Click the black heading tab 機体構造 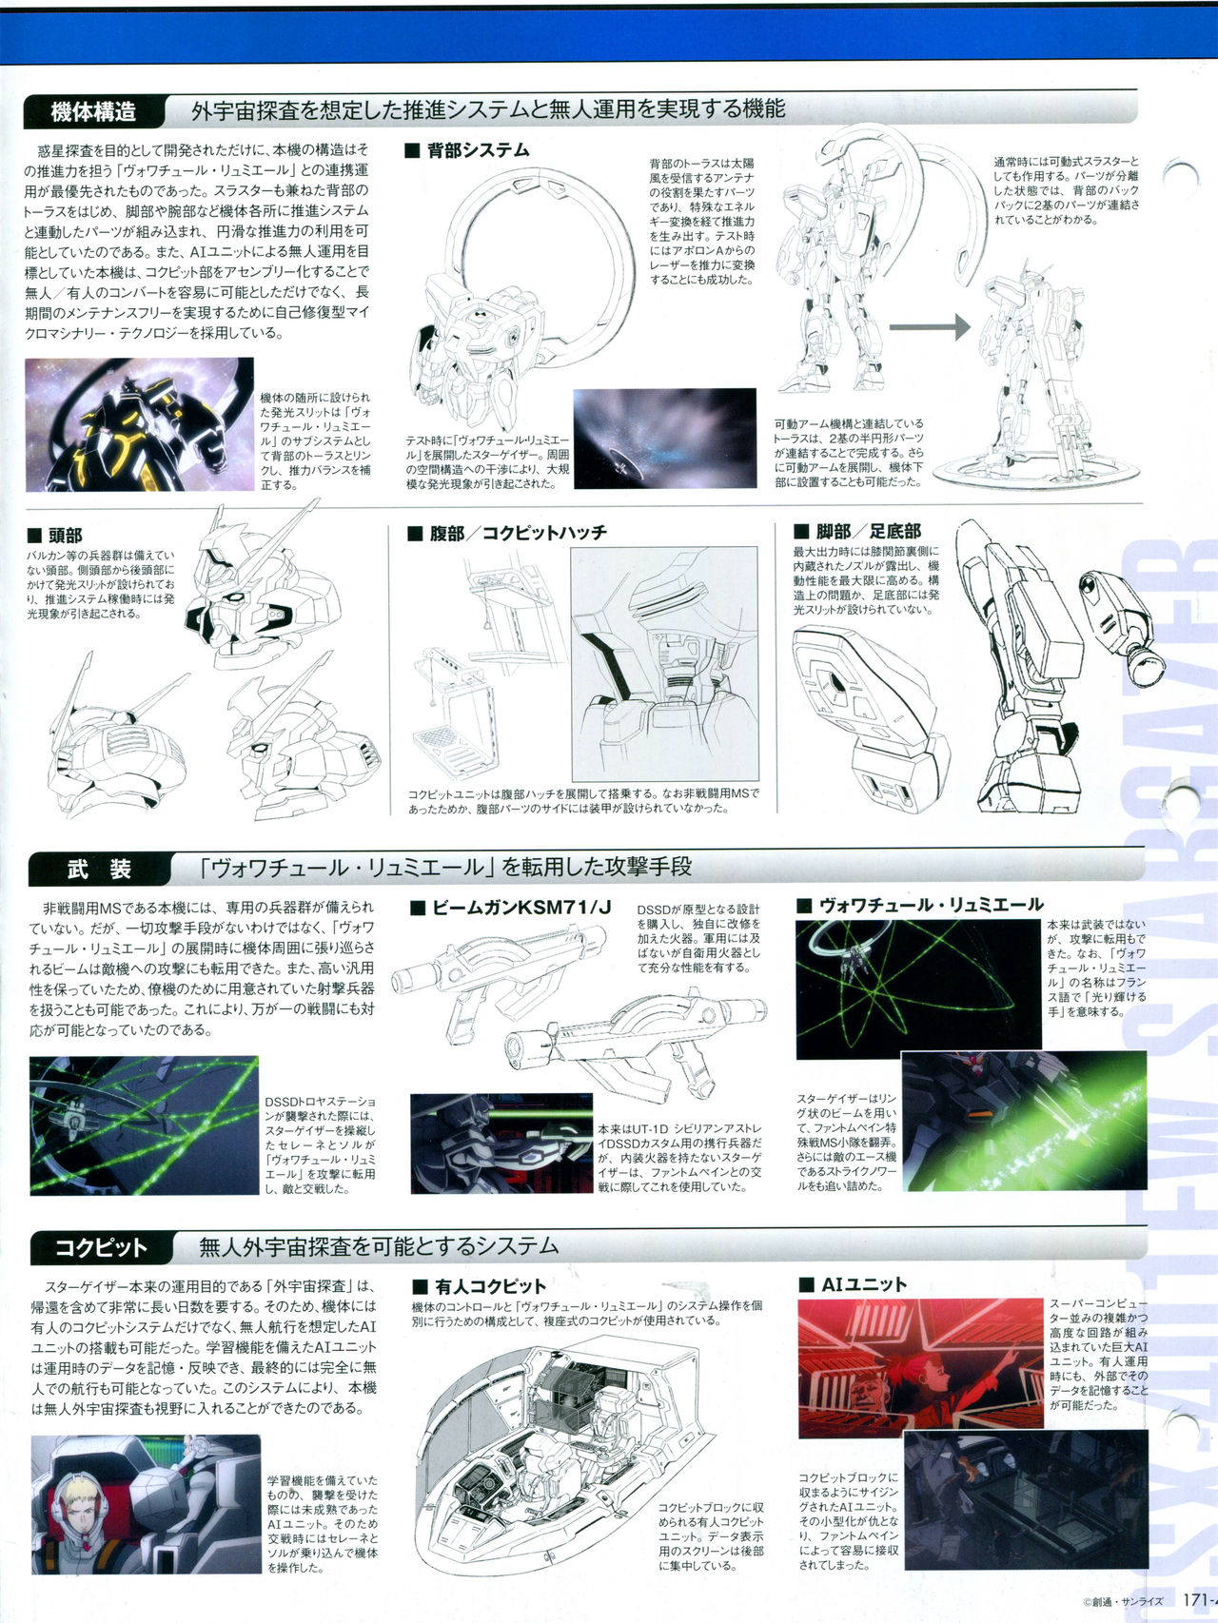click(x=94, y=111)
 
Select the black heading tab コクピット click(x=101, y=1247)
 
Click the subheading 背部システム click(x=466, y=150)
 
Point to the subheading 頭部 click(x=56, y=537)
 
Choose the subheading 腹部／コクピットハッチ click(x=507, y=533)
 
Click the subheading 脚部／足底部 click(x=856, y=531)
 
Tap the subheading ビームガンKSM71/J click(x=511, y=908)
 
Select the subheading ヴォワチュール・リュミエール click(x=919, y=905)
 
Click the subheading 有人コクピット click(x=480, y=1286)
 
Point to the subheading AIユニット click(x=853, y=1284)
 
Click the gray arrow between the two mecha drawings click(x=930, y=327)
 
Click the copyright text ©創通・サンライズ click(x=1123, y=1601)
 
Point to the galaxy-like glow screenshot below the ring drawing click(x=665, y=439)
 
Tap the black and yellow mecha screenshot click(x=140, y=424)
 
